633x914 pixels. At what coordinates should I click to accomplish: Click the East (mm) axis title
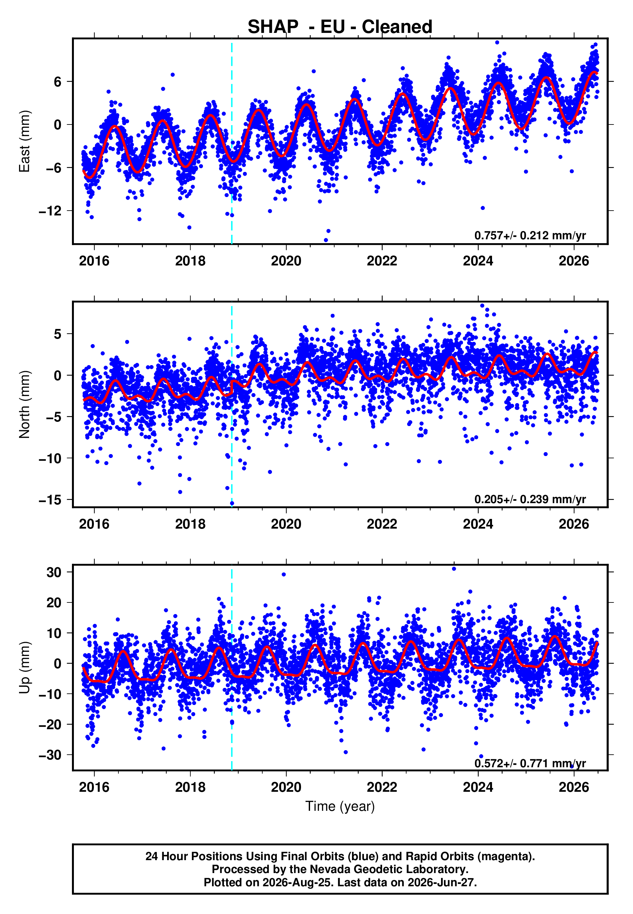tap(25, 141)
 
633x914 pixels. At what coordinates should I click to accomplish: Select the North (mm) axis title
tap(25, 404)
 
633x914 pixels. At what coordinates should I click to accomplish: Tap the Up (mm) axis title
tap(25, 668)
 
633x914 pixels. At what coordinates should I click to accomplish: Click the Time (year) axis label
tap(340, 806)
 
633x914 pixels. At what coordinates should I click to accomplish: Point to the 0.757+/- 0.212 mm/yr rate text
tap(530, 235)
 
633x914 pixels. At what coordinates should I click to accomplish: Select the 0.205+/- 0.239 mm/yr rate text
tap(530, 499)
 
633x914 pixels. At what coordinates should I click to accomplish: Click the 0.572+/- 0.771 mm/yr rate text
tap(530, 763)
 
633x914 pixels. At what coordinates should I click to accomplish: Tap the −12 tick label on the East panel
tap(50, 211)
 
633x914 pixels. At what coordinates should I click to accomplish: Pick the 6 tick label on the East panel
tap(58, 82)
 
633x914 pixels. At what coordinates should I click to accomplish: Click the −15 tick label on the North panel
tap(50, 500)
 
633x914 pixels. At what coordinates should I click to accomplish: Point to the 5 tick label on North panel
tap(58, 334)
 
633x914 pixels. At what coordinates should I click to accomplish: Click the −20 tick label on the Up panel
tap(50, 725)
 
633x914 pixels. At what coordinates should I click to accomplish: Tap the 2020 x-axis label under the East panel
tap(286, 261)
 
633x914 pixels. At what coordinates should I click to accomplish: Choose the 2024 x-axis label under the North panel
tap(478, 524)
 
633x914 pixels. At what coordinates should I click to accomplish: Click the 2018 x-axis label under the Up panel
tap(190, 787)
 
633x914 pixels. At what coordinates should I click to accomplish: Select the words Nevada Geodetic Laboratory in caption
tap(389, 869)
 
